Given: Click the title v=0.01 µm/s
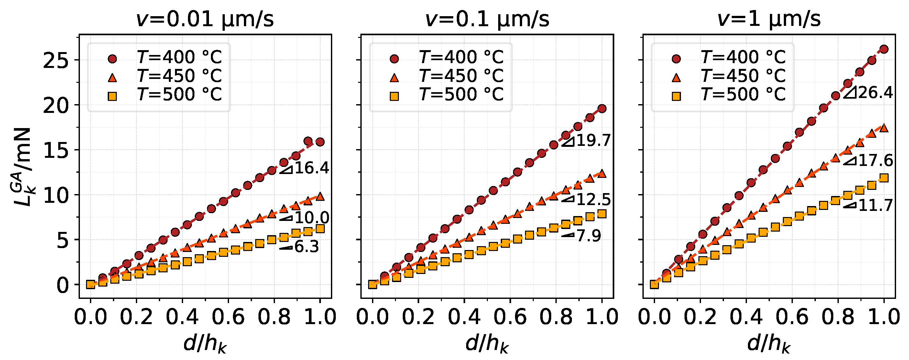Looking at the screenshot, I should point(205,19).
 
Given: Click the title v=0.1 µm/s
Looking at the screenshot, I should point(487,19).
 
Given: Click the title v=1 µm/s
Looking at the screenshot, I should point(769,19).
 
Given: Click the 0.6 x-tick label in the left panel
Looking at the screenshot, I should point(228,317).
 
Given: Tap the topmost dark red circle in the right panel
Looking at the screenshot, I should point(883,49).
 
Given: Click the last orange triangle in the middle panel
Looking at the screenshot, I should point(602,173).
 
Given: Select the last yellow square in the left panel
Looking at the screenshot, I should point(320,228).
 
